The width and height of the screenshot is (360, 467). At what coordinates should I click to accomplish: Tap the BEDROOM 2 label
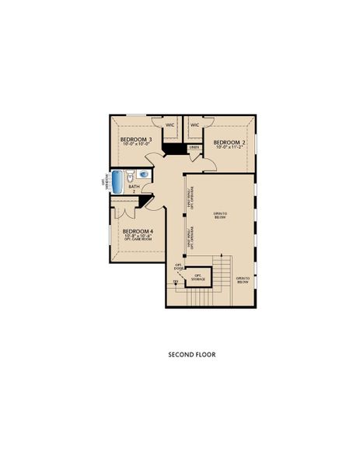229,142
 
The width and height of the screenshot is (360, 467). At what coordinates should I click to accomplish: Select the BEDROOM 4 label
137,231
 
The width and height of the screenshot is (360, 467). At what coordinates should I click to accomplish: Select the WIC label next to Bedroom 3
169,124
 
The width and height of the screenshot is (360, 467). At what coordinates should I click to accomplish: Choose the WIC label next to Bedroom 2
194,124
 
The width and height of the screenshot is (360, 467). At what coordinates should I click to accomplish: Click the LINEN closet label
194,147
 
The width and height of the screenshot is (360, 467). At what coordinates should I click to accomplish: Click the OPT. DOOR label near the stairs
178,268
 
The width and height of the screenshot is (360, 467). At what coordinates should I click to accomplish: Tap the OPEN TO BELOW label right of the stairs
243,279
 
